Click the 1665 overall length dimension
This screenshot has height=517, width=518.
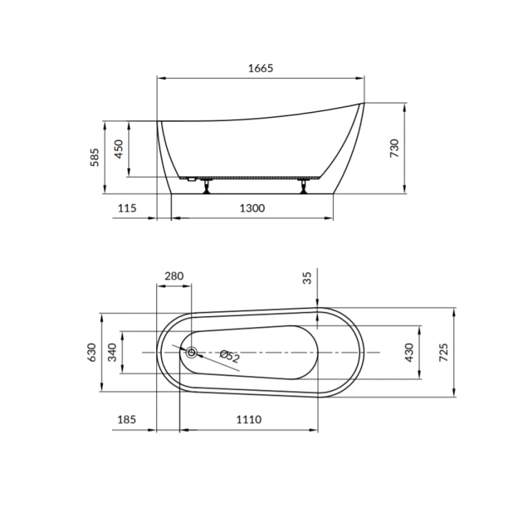260,68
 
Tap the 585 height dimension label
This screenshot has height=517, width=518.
95,158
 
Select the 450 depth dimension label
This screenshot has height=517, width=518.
118,149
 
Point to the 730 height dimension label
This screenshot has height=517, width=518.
394,148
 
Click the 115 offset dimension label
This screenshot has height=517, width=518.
127,208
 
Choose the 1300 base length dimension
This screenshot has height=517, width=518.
252,208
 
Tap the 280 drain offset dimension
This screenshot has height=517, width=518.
174,276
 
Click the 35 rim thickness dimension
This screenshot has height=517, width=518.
307,278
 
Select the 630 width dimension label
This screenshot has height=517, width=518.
92,352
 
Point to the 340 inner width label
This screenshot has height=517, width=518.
113,352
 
